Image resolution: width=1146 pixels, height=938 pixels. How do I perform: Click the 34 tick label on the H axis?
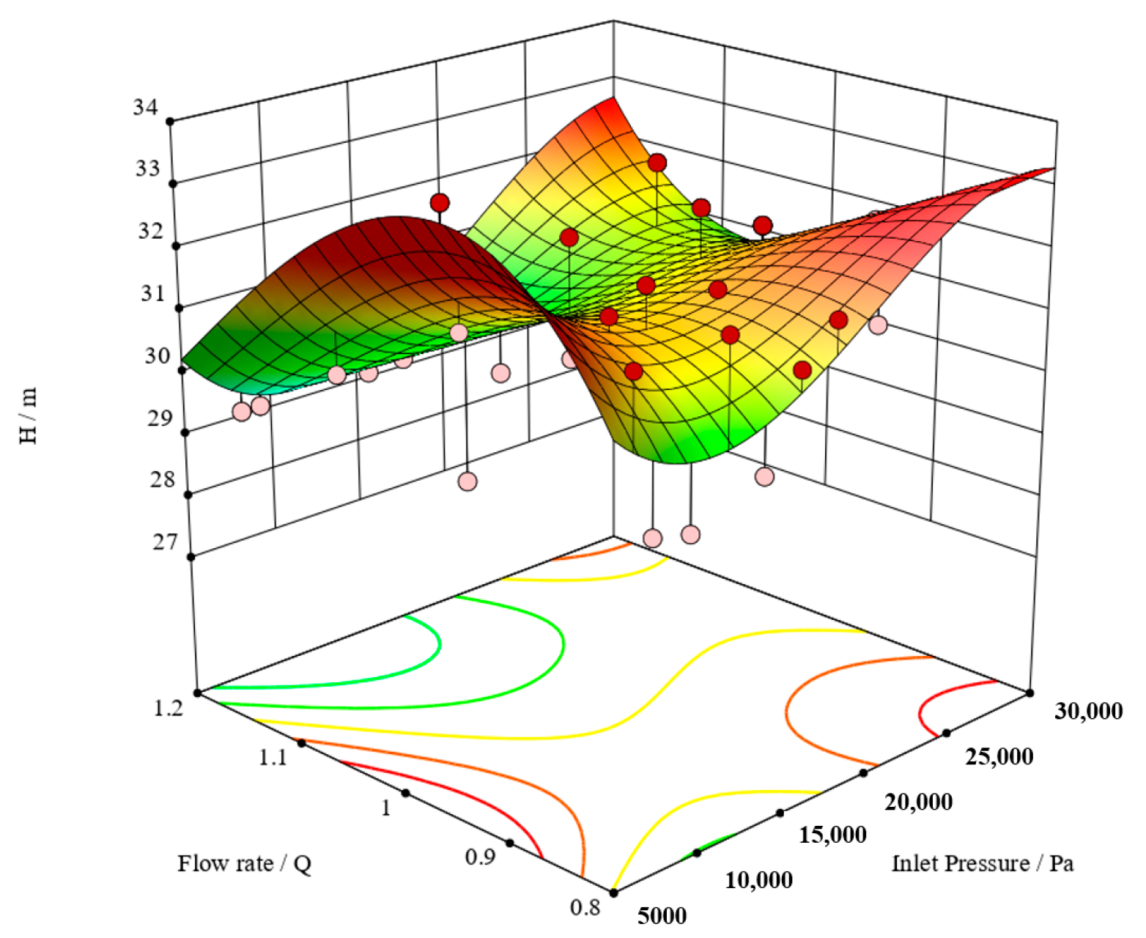(145, 108)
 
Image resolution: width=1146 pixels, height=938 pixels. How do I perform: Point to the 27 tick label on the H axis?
(165, 542)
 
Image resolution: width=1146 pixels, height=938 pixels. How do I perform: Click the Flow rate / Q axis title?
(244, 863)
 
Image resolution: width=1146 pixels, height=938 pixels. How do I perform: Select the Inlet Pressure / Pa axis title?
(982, 863)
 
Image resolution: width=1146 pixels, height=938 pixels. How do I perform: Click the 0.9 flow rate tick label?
(481, 856)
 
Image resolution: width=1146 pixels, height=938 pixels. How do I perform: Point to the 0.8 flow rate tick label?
(585, 907)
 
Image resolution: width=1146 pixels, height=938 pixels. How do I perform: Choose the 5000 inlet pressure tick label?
(662, 915)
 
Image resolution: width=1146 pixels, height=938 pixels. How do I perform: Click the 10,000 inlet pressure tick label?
(758, 879)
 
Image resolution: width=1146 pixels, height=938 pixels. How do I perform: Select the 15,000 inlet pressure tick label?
(832, 835)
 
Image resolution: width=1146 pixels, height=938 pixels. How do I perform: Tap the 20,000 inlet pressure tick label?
(919, 802)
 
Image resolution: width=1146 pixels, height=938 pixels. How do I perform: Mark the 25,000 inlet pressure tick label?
(999, 756)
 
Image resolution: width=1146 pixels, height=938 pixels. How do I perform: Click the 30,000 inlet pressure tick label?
(1088, 710)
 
